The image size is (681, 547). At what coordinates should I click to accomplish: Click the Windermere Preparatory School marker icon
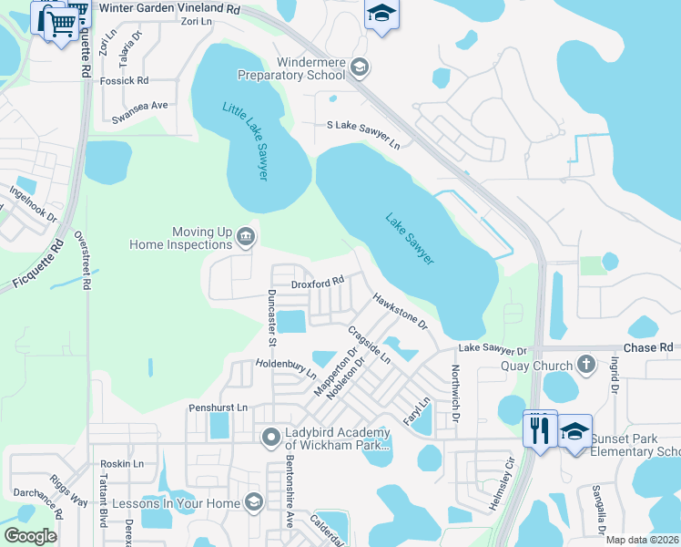(x=360, y=66)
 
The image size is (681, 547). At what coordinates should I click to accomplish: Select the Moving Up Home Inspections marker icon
(x=245, y=239)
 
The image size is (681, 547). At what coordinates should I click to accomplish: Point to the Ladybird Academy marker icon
(x=270, y=439)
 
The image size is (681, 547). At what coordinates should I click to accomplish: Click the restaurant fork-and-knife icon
(x=539, y=430)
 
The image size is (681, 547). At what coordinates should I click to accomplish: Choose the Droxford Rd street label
(x=317, y=284)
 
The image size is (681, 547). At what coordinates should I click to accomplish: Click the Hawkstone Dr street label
(x=400, y=311)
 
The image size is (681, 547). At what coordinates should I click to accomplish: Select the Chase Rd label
(x=648, y=347)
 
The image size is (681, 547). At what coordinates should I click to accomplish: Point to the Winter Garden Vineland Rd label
(x=169, y=8)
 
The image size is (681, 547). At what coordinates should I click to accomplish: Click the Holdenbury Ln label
(x=286, y=368)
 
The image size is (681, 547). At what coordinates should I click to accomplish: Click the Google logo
(x=30, y=536)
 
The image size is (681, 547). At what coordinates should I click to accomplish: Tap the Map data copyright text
(x=641, y=540)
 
